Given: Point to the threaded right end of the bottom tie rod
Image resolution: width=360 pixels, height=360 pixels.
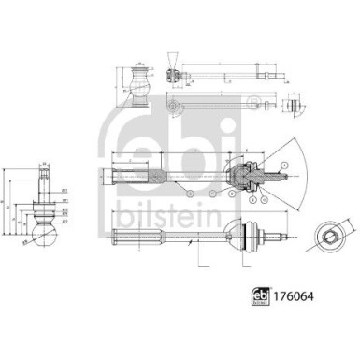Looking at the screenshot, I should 281,235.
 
